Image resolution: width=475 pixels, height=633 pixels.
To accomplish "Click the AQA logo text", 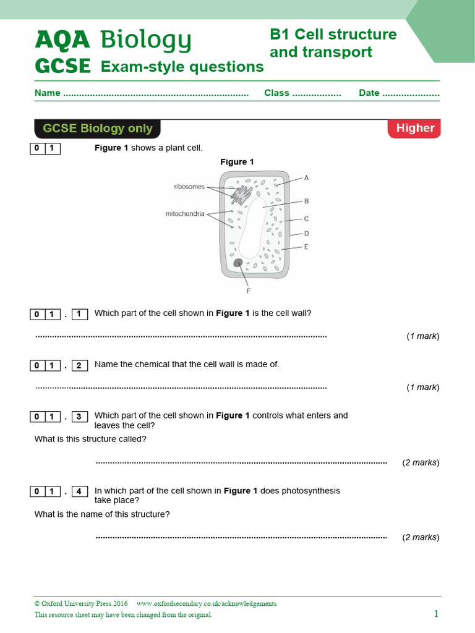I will [62, 40].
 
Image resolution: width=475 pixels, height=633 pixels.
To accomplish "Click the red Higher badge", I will [414, 128].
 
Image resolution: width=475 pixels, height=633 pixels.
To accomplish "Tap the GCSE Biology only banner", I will [97, 129].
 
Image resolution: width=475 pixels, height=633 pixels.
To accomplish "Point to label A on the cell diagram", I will [306, 178].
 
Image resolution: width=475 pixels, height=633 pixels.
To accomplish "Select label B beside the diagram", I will [306, 201].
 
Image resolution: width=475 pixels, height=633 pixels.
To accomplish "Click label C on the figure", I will [306, 218].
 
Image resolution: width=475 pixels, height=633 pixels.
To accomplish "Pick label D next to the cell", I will [306, 234].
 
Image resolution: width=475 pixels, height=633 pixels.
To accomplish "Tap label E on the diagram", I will [306, 247].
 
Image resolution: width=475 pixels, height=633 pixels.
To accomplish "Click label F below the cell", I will [248, 290].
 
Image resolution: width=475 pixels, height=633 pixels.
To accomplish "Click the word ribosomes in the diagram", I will [189, 187].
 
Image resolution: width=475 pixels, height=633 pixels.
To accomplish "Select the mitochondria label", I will [185, 214].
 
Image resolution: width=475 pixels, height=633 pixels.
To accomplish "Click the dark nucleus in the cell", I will [238, 263].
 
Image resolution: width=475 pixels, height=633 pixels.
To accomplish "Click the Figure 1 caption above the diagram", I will [237, 162].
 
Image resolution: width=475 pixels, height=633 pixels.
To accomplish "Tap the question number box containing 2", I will [79, 365].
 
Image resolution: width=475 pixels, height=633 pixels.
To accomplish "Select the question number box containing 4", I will [79, 492].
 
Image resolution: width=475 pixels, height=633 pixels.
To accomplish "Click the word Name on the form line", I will [47, 93].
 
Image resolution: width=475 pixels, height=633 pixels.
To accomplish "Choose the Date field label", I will [369, 93].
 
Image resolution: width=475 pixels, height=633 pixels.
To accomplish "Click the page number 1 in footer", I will [436, 614].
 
